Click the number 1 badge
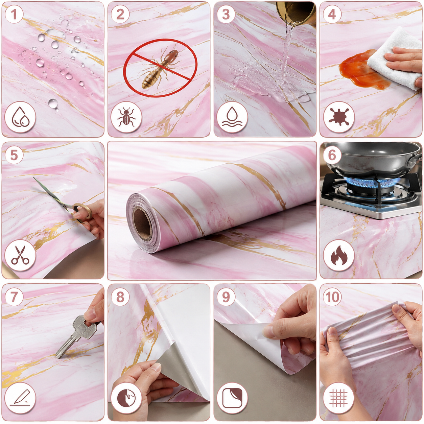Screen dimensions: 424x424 click(14, 14)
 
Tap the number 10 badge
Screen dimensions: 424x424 click(332, 297)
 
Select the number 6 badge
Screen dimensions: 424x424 click(332, 155)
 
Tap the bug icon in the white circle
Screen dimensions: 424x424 click(126, 117)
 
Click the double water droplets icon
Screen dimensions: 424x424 click(20, 117)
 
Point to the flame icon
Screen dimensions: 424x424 click(339, 255)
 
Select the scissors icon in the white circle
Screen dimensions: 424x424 click(20, 255)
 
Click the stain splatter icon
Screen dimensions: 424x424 click(339, 117)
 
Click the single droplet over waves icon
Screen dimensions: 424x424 click(232, 117)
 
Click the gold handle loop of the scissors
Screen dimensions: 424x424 click(83, 211)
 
